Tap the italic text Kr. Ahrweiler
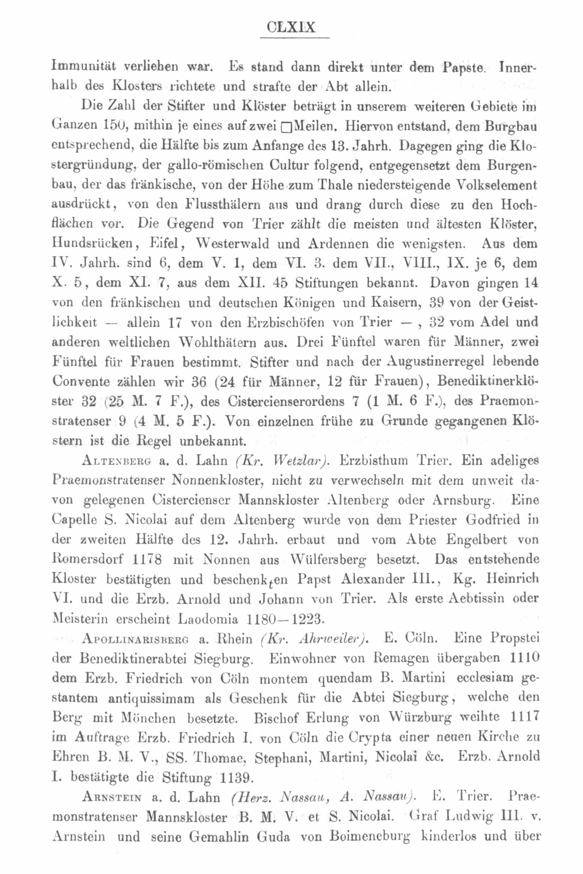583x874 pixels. click(315, 639)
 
